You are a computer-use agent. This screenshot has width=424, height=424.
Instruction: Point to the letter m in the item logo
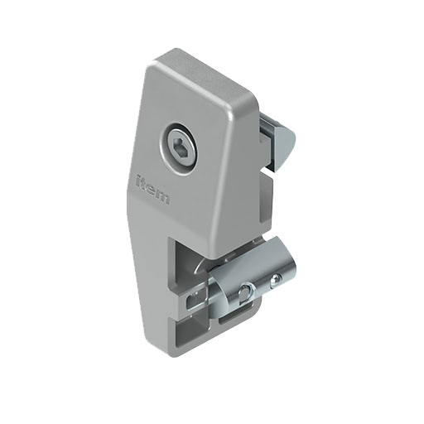coord(166,196)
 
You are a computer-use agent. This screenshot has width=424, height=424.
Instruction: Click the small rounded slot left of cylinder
coord(198,293)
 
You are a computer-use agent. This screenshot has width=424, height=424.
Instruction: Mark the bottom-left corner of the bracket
coord(177,349)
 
